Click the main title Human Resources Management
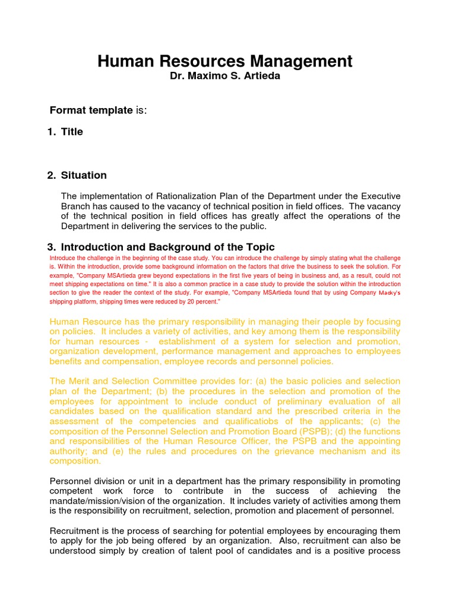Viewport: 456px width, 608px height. pyautogui.click(x=224, y=61)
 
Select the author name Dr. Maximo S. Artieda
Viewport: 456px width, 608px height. pyautogui.click(x=224, y=77)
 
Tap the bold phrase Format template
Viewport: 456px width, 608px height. pyautogui.click(x=91, y=110)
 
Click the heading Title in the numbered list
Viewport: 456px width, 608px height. pyautogui.click(x=72, y=132)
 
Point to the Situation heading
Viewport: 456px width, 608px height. pyautogui.click(x=84, y=175)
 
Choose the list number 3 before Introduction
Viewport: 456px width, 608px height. pyautogui.click(x=50, y=247)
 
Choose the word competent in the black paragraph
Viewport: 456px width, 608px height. pyautogui.click(x=71, y=490)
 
